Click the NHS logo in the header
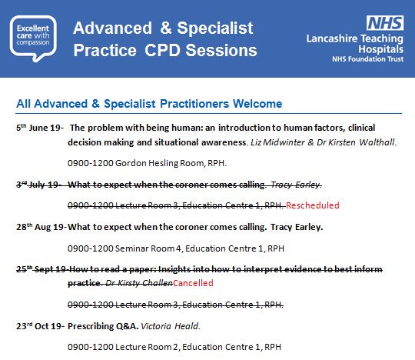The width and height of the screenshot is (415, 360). click(x=382, y=23)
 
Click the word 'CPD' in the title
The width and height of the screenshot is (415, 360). click(x=191, y=52)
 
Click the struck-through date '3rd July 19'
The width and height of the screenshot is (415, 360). click(x=39, y=185)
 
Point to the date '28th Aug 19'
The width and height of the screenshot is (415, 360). click(x=41, y=227)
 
